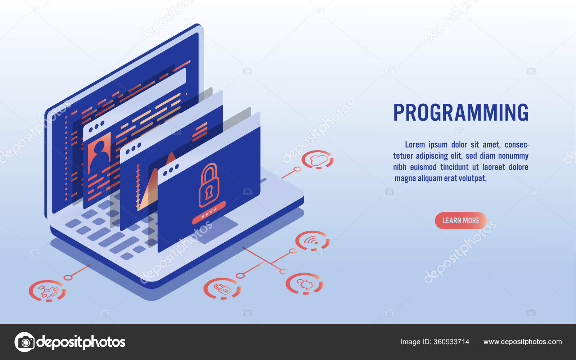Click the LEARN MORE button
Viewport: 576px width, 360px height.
460,221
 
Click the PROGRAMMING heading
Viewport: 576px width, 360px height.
461,112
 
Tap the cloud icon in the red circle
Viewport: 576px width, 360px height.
318,159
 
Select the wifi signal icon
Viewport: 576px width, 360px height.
312,240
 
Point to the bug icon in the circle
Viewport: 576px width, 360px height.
305,284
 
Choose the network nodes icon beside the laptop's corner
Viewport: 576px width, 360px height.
48,291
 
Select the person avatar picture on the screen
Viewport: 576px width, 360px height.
99,153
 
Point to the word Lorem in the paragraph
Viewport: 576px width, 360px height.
415,145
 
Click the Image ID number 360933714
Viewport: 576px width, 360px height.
451,342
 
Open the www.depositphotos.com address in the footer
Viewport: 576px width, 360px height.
522,342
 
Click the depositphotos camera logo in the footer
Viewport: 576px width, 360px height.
24,342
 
